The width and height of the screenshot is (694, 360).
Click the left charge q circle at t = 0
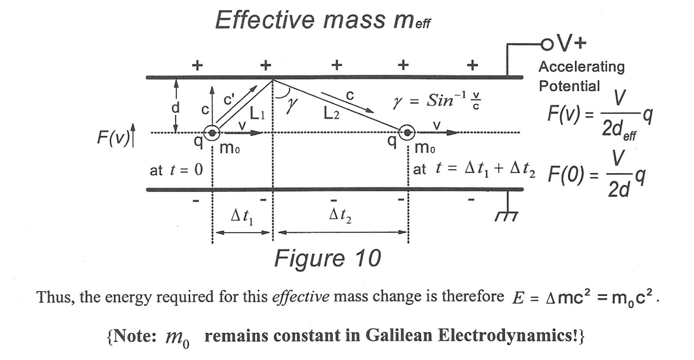[x=212, y=133]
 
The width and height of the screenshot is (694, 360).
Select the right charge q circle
[x=407, y=133]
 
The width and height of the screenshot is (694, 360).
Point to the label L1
[x=257, y=114]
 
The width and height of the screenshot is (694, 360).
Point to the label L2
[x=331, y=114]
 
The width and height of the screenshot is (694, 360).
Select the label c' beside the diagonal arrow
[x=229, y=99]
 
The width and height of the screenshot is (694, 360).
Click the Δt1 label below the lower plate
[x=242, y=217]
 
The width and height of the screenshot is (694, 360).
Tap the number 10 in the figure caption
[x=368, y=258]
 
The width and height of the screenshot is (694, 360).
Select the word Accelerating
[x=582, y=67]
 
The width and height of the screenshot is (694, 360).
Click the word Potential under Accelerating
[x=569, y=86]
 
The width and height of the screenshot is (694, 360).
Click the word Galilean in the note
[x=399, y=335]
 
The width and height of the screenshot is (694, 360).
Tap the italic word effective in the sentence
[x=301, y=297]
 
